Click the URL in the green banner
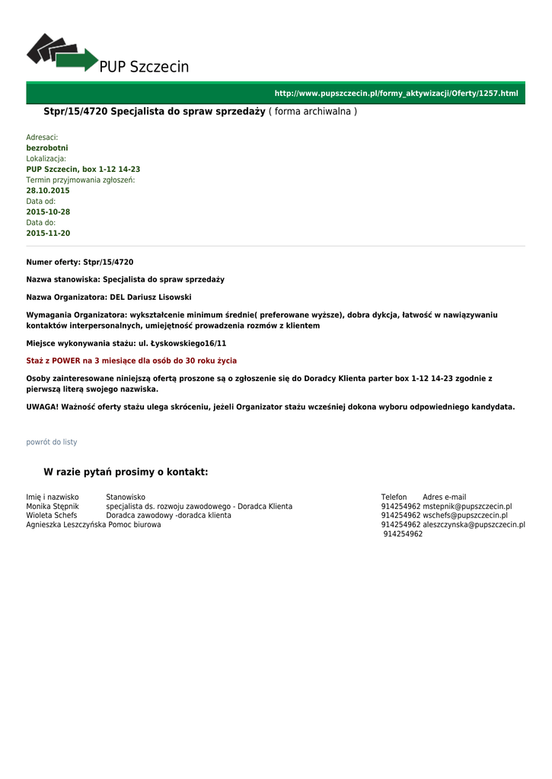[x=396, y=94]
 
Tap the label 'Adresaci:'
[x=42, y=137]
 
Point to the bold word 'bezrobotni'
[x=47, y=148]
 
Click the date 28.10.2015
[x=48, y=190]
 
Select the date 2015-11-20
[x=48, y=233]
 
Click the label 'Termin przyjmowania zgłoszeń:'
[x=81, y=180]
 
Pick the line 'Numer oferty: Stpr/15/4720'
[x=80, y=262]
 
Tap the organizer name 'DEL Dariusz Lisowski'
[x=151, y=297]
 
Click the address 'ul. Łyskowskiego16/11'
[x=182, y=343]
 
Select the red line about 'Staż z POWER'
[x=131, y=361]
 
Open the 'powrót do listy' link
[x=52, y=442]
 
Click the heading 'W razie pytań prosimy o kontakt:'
[x=126, y=472]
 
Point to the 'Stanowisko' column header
[x=126, y=497]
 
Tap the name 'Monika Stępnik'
[x=53, y=506]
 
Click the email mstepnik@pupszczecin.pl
[x=467, y=506]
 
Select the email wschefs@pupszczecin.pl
[x=465, y=515]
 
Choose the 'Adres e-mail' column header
[x=445, y=497]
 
